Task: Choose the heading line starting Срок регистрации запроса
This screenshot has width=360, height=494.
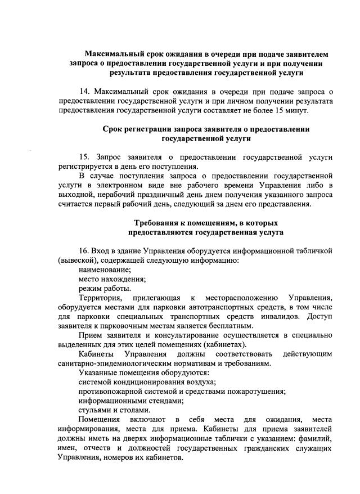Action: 206,129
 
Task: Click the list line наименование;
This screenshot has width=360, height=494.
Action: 105,269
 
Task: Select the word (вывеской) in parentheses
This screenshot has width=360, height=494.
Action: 78,259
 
